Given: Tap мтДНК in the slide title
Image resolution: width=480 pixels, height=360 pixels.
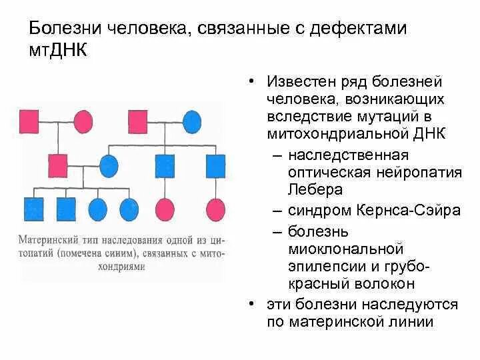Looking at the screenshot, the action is tap(57, 51).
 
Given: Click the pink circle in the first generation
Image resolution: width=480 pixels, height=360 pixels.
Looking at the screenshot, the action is tap(83, 122).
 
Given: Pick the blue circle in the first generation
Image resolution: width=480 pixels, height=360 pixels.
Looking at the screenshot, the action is tap(191, 122).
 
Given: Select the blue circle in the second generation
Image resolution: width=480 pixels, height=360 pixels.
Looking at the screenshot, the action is tap(109, 164).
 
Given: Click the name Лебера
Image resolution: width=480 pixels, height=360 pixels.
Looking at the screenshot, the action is tap(316, 189).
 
